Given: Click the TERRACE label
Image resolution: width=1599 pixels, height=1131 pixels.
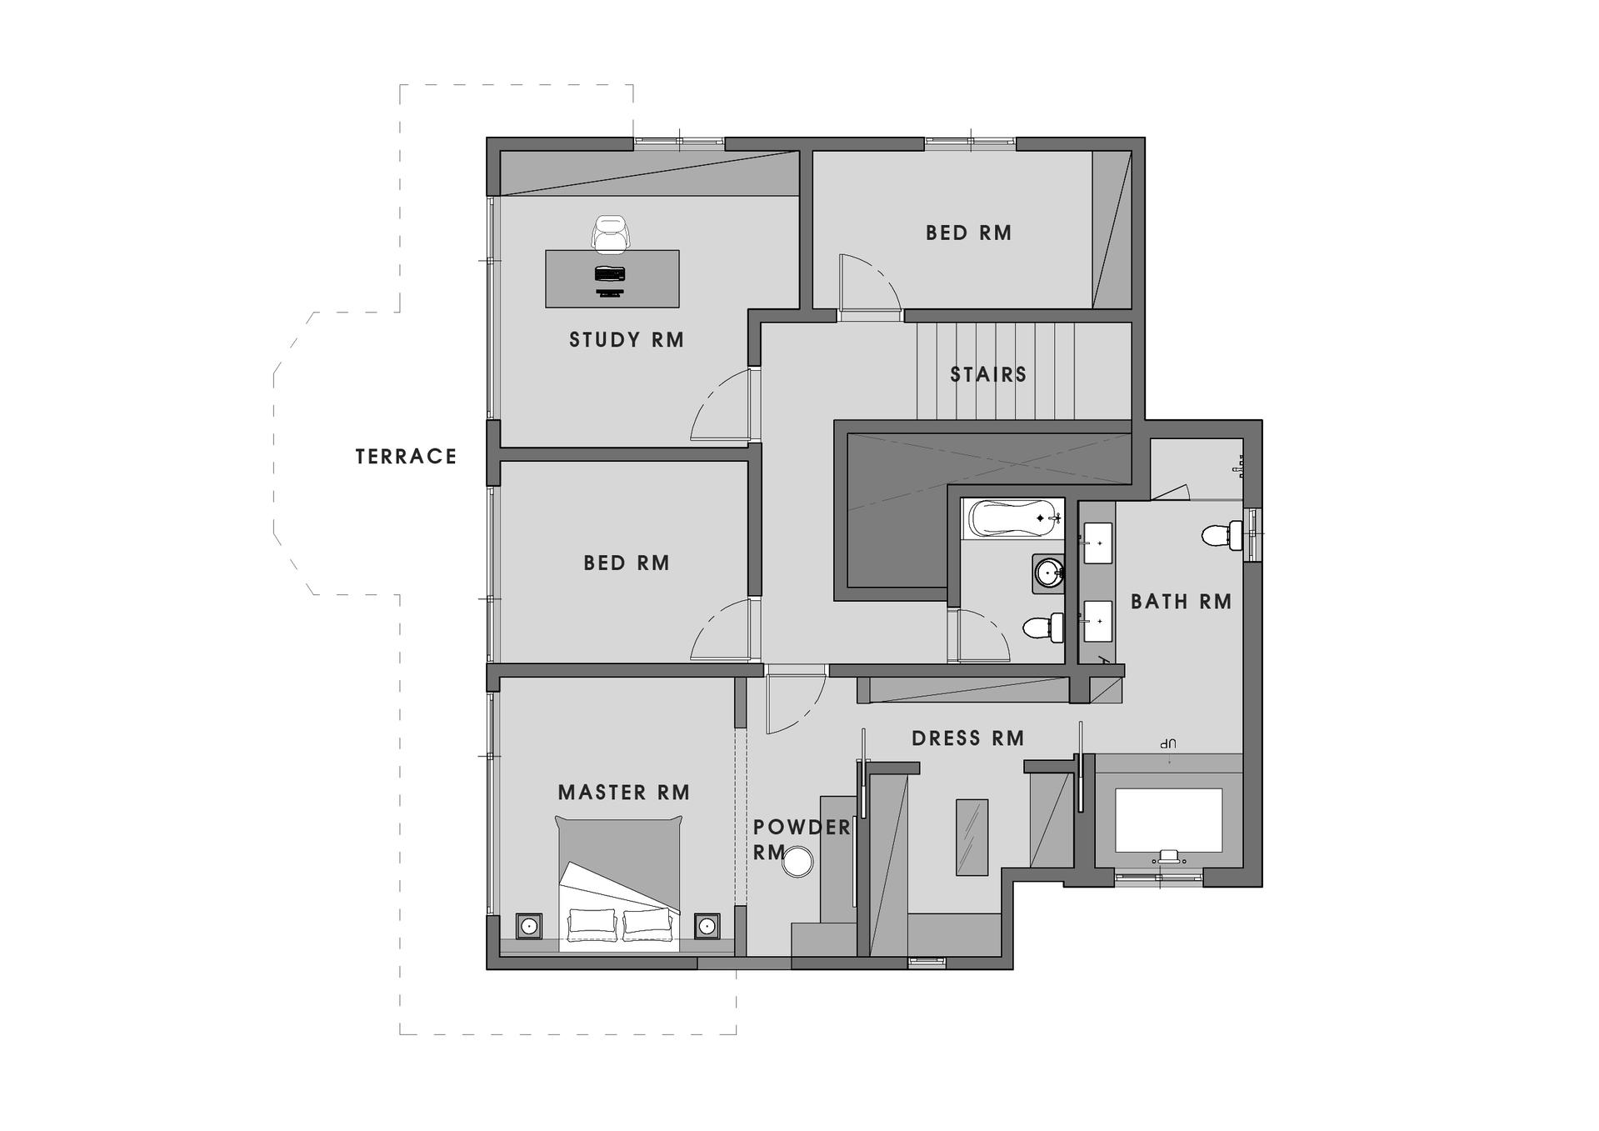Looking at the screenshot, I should (x=406, y=457).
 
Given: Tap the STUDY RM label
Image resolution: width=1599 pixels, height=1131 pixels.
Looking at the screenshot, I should (x=627, y=340).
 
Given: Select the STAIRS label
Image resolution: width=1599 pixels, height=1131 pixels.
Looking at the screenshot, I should (x=988, y=375).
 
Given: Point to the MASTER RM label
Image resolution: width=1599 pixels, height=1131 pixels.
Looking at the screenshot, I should (x=624, y=793).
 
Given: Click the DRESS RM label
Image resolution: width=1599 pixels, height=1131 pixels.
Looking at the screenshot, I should (x=967, y=738).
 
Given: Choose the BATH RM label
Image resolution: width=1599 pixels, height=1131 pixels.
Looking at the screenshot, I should (x=1181, y=602).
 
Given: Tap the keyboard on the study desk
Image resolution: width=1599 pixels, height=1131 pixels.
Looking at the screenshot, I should (x=610, y=273).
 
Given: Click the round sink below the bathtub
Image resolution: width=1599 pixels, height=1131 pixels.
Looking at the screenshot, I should (x=1048, y=573).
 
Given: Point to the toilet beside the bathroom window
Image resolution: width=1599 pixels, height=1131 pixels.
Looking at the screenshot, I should (x=1222, y=534).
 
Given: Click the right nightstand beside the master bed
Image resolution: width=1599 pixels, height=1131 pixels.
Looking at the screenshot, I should (x=707, y=925).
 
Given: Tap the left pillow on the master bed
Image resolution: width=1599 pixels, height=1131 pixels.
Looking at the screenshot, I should (x=592, y=923).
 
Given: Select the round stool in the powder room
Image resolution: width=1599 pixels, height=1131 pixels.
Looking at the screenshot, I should (x=797, y=862).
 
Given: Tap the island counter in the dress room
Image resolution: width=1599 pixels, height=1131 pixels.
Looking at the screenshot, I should (x=972, y=837).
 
